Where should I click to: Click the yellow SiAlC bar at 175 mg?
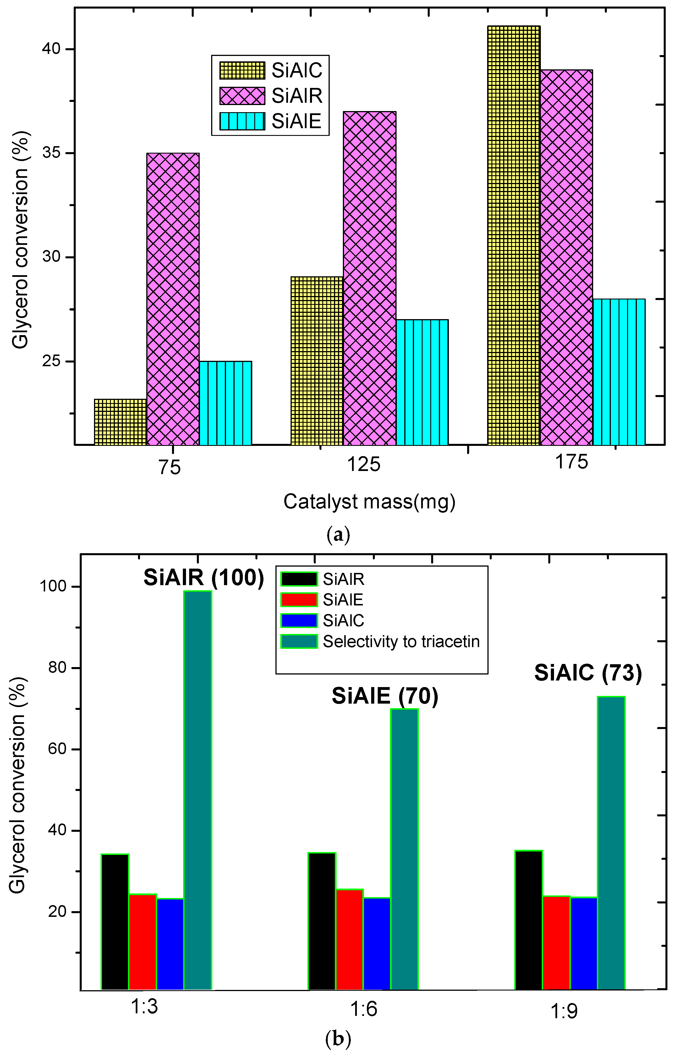click(x=514, y=235)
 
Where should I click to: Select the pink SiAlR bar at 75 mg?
click(x=173, y=299)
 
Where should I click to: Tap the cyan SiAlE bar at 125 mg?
click(x=422, y=382)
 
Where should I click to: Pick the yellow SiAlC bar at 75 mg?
click(x=120, y=422)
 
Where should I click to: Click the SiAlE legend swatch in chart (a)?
click(x=242, y=121)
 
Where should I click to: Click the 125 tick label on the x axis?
click(x=363, y=464)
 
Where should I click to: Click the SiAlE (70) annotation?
click(x=385, y=696)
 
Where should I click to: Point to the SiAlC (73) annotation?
click(x=588, y=673)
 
